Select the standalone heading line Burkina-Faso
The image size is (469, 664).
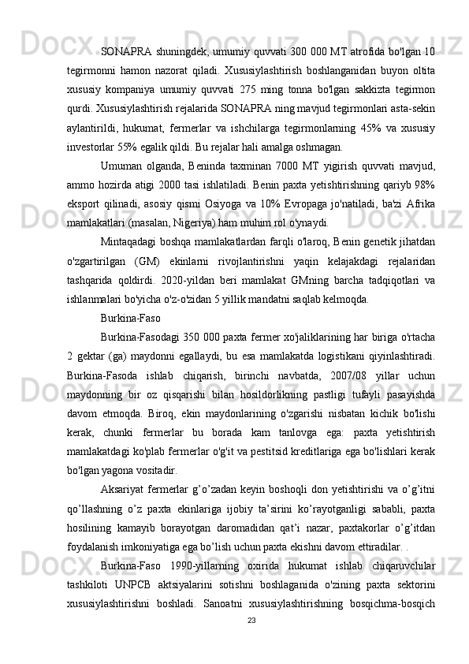click(132, 319)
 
